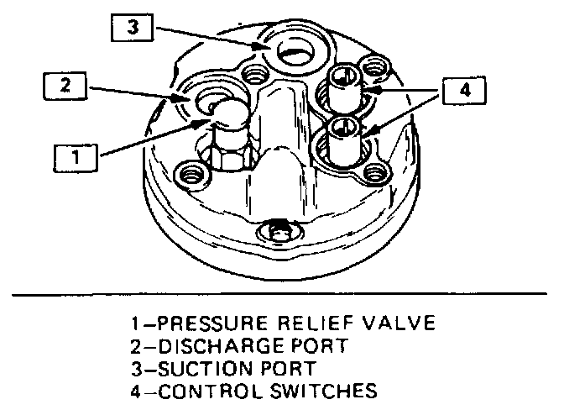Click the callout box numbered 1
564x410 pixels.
(x=76, y=156)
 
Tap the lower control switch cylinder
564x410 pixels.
(x=342, y=140)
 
